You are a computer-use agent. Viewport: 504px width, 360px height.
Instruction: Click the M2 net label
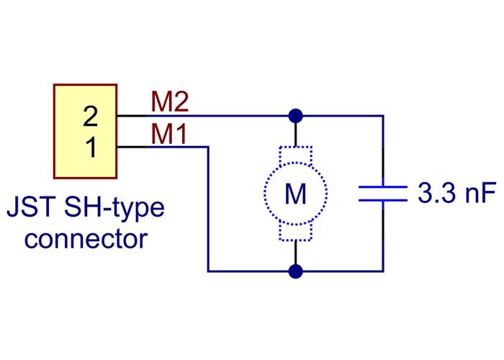pyautogui.click(x=170, y=102)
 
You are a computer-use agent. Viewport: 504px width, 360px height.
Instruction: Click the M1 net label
pyautogui.click(x=170, y=135)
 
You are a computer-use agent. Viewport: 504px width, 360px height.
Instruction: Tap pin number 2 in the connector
pyautogui.click(x=90, y=115)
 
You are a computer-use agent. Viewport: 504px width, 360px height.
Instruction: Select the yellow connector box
pyautogui.click(x=85, y=131)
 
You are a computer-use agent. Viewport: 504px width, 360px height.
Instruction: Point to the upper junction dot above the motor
pyautogui.click(x=295, y=115)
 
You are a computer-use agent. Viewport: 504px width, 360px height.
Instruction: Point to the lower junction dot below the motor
pyautogui.click(x=295, y=271)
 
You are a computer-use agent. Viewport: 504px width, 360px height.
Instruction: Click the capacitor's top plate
pyautogui.click(x=383, y=186)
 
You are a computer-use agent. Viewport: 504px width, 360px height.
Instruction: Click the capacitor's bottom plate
pyautogui.click(x=383, y=200)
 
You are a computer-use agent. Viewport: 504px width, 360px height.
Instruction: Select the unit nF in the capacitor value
pyautogui.click(x=480, y=193)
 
